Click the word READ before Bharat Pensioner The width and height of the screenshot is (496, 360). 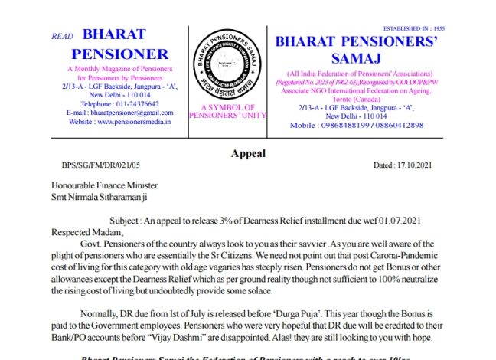(62, 36)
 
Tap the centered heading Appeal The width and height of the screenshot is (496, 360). (248, 153)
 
